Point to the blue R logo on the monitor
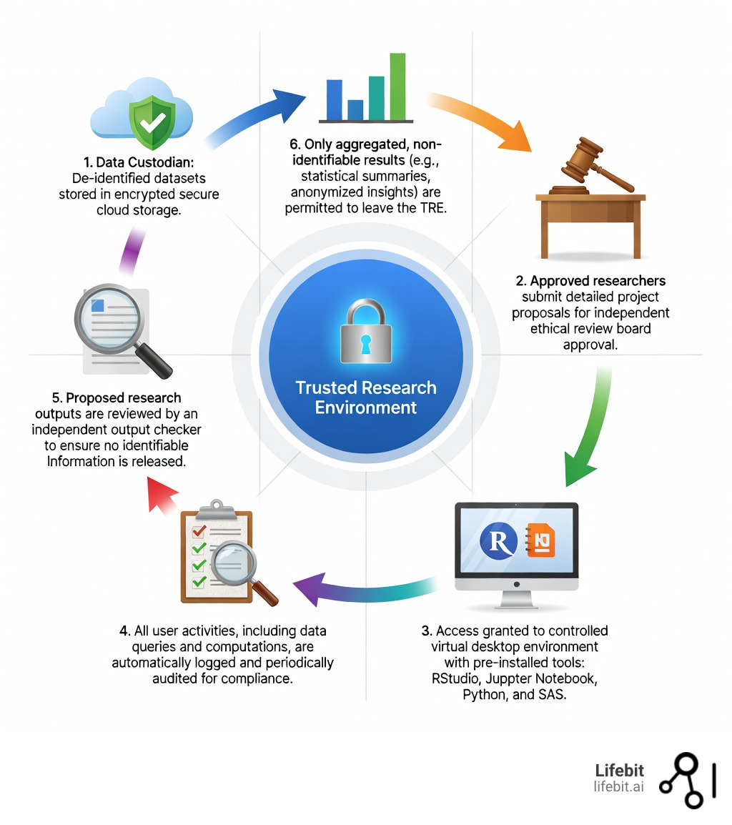(498, 541)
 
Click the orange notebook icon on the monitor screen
(540, 541)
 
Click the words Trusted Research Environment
(365, 397)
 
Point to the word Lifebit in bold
(619, 771)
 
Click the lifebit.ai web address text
(618, 786)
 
